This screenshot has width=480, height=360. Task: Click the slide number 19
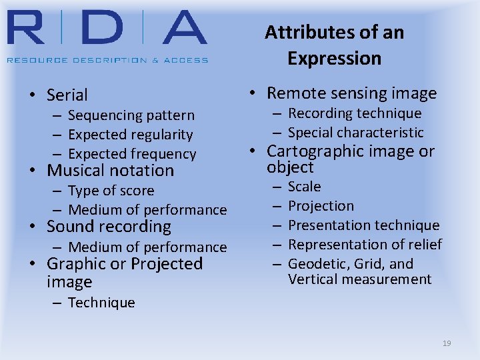pos(447,343)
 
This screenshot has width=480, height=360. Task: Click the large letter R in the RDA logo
pos(29,28)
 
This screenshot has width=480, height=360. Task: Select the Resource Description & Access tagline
pos(107,59)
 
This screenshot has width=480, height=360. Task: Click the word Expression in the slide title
pos(334,58)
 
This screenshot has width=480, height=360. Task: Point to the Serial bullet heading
pos(67,95)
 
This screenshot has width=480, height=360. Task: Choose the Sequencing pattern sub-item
pos(131,115)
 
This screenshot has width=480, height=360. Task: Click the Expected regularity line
pos(130,135)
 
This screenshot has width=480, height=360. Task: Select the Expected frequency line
pos(132,154)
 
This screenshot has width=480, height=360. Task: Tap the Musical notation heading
pos(110,171)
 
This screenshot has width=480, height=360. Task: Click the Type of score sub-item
pos(111,191)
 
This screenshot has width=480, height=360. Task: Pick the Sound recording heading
pos(109,227)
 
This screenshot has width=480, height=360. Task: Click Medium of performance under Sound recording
pos(147,247)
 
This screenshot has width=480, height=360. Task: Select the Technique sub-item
pos(101,303)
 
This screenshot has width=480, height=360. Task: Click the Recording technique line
pos(355,113)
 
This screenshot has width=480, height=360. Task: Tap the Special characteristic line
pos(355,133)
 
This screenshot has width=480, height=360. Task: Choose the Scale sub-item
pos(304,187)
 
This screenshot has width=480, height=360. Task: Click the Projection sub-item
pos(321,206)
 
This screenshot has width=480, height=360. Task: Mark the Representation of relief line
pos(365,245)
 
